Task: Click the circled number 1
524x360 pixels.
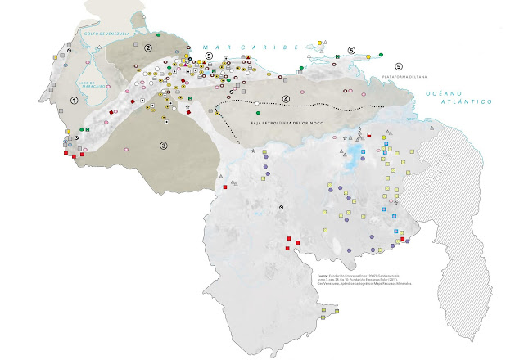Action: [x=75, y=100]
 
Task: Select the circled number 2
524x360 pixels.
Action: [x=148, y=48]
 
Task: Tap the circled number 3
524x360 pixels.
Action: [x=163, y=146]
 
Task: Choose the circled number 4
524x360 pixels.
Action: [x=286, y=100]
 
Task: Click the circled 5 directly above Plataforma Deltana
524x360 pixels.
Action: [x=399, y=65]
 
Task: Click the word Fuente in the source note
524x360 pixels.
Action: [x=322, y=276]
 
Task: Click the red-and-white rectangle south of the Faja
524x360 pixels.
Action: [x=369, y=134]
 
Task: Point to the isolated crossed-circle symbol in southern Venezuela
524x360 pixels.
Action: [x=281, y=207]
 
